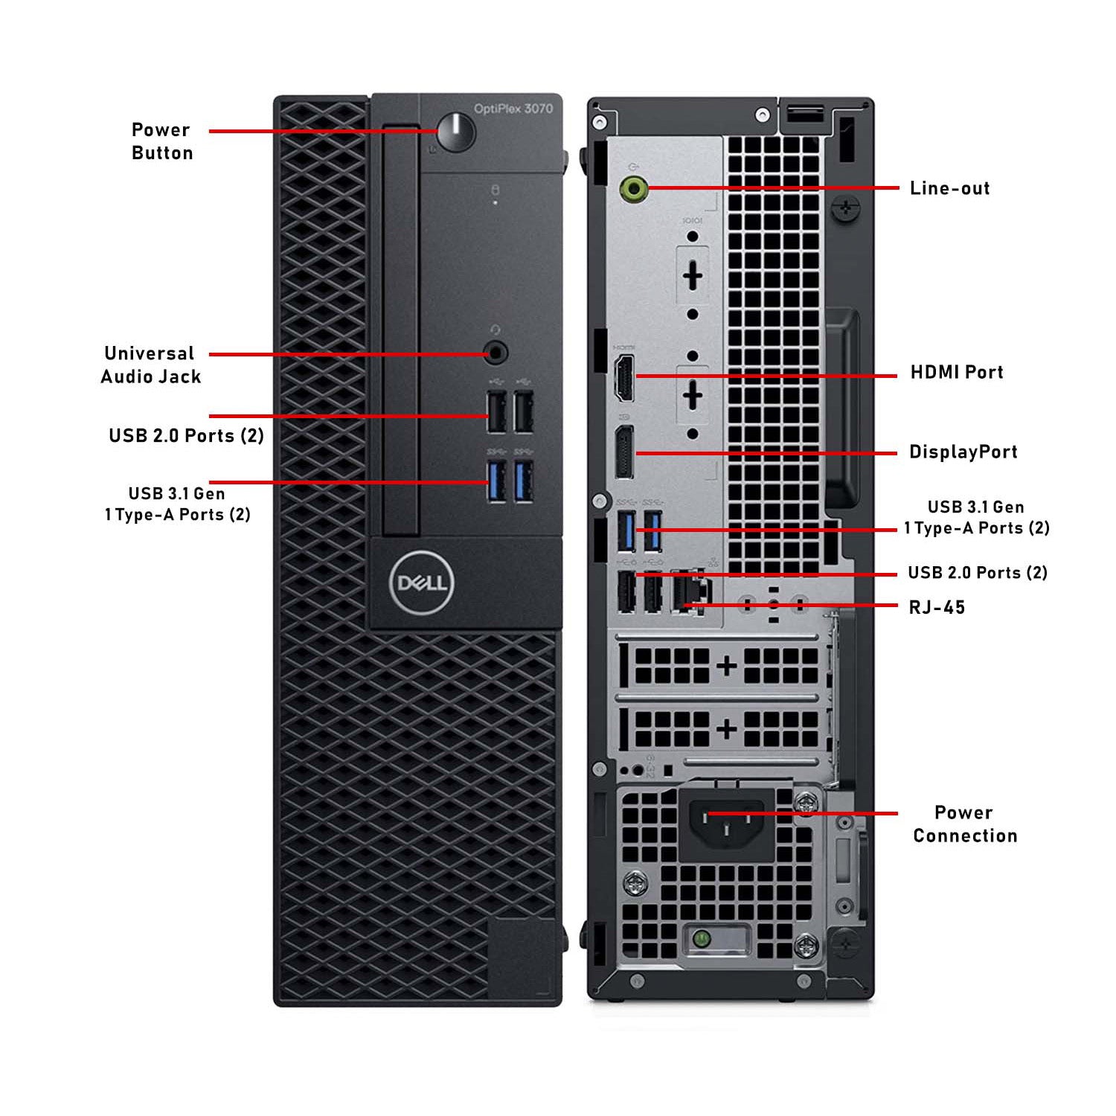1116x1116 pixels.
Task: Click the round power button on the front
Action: (x=455, y=132)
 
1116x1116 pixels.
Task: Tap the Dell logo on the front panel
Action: (x=421, y=583)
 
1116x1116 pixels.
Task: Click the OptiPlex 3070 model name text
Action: (x=513, y=109)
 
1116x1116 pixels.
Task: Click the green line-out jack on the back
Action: (x=633, y=188)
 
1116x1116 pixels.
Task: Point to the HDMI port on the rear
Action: (x=624, y=378)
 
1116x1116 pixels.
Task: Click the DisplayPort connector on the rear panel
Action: (x=623, y=453)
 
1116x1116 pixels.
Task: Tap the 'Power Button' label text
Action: (x=162, y=141)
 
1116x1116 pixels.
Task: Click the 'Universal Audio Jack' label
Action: (x=151, y=365)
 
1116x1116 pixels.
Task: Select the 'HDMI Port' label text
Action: (x=957, y=372)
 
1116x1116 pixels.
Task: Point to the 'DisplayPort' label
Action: (x=963, y=452)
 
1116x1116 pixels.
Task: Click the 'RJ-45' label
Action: (x=937, y=607)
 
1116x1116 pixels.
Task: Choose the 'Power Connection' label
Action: (x=965, y=824)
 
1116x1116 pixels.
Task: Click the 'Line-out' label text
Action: (x=949, y=188)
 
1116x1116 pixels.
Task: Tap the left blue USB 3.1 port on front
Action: (x=497, y=481)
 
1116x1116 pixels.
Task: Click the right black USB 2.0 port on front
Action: (x=524, y=411)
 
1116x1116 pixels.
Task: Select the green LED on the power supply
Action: (x=699, y=939)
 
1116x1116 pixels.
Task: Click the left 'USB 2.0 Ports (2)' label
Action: (x=186, y=435)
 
